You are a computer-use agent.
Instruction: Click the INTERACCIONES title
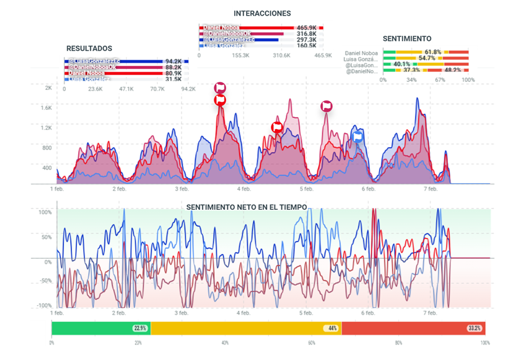262,13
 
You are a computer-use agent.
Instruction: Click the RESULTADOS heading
89,48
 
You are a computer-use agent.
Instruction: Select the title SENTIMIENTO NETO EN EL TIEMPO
247,206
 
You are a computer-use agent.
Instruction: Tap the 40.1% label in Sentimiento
402,64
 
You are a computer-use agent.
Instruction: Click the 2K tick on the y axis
48,88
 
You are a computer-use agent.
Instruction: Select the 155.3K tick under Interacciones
240,56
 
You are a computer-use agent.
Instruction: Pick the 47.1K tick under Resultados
126,89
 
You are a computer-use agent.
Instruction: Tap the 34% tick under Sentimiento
411,79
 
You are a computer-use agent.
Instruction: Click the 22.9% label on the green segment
140,328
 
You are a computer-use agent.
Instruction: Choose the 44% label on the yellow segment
332,328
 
